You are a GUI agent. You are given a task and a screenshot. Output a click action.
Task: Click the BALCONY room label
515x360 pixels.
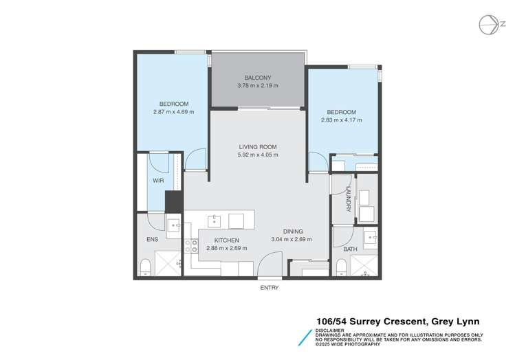pyautogui.click(x=258, y=77)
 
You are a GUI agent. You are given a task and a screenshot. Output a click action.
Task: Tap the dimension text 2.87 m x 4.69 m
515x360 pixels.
pyautogui.click(x=173, y=111)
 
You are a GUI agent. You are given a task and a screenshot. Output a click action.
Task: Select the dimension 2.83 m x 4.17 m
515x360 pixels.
pyautogui.click(x=341, y=120)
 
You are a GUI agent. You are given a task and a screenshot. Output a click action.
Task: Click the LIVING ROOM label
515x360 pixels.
pyautogui.click(x=258, y=146)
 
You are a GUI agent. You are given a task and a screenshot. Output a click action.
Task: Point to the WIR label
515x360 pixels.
pyautogui.click(x=158, y=181)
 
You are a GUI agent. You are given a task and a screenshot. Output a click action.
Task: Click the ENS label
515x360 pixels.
pyautogui.click(x=152, y=240)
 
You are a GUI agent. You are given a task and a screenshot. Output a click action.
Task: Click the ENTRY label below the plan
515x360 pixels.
pyautogui.click(x=269, y=288)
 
